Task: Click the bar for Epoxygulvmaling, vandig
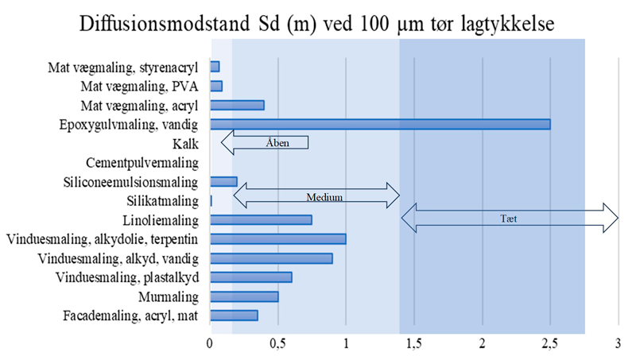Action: coord(380,124)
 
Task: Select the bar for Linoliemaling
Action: coord(261,219)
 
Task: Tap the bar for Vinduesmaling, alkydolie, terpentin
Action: coord(277,239)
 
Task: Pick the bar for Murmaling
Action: coord(244,296)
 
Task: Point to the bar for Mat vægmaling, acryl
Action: coord(237,105)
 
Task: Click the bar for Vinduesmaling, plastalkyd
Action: coord(250,277)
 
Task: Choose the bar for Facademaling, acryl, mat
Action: coord(234,315)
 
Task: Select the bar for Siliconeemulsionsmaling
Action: coord(223,181)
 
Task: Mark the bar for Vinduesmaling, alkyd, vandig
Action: coord(271,258)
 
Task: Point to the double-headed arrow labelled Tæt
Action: coord(510,217)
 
